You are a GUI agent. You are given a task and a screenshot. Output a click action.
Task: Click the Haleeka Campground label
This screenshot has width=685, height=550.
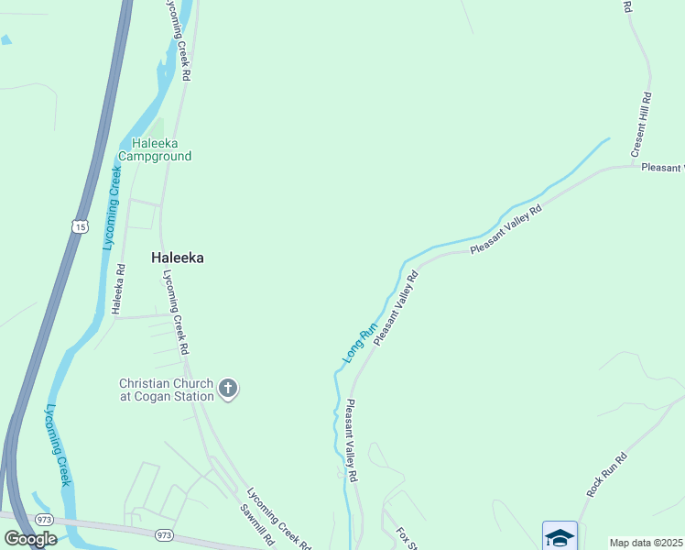click(161, 149)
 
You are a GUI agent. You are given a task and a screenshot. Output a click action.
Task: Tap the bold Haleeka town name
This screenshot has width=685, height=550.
click(177, 258)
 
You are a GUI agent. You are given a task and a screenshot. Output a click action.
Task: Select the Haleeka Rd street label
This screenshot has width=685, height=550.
click(118, 290)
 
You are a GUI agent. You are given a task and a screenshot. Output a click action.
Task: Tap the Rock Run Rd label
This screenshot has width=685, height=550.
click(606, 475)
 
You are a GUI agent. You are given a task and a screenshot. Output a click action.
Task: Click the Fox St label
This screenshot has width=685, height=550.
click(406, 540)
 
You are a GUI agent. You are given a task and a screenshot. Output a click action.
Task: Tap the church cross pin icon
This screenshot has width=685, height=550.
click(228, 390)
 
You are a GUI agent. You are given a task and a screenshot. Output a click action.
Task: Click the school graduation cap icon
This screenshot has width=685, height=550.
click(559, 536)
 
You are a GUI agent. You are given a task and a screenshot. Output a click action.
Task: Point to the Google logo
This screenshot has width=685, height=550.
click(30, 539)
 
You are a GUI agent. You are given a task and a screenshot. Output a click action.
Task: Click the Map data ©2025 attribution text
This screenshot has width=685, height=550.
click(647, 543)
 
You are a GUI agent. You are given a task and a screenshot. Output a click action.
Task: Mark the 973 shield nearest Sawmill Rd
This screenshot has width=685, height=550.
click(164, 534)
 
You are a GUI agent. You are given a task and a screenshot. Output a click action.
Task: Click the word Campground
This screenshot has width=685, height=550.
click(161, 157)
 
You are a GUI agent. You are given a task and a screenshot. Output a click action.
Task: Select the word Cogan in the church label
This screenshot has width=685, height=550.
click(148, 396)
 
